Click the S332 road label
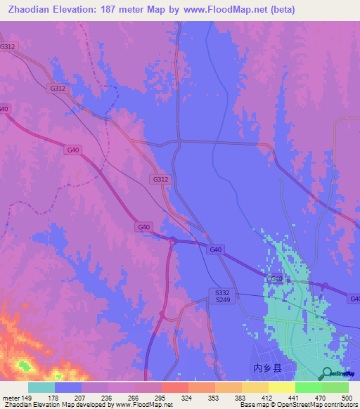[x=223, y=292]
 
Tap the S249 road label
[x=223, y=300]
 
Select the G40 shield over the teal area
[x=277, y=279]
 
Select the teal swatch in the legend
[x=41, y=387]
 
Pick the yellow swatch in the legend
[x=281, y=387]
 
